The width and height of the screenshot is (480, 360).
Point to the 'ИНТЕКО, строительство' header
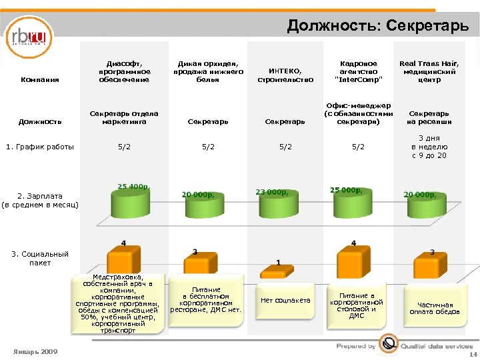tap(285, 75)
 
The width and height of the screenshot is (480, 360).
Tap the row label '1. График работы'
tap(40, 147)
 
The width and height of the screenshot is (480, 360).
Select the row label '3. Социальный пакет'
tap(40, 258)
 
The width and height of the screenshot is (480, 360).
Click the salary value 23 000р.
tap(272, 192)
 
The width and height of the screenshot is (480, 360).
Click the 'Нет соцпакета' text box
tap(285, 301)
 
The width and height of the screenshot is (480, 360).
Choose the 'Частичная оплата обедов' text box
tap(434, 308)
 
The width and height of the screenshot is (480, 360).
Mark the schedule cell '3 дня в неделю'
tap(429, 147)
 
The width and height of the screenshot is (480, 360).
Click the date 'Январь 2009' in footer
tap(35, 351)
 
